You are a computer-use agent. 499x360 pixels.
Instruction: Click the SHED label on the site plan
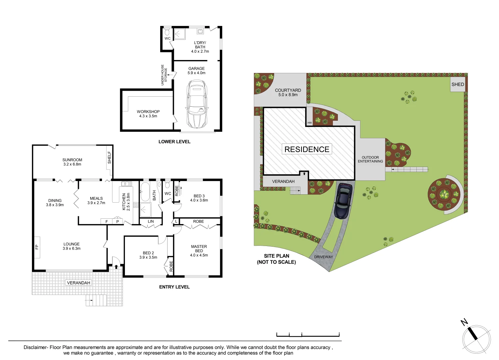coord(457,84)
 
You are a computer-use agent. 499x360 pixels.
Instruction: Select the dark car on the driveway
coord(343,201)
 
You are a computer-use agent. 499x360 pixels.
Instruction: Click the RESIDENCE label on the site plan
coord(307,149)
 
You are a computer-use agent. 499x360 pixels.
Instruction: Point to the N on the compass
coord(464,322)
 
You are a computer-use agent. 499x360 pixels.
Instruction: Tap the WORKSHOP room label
coord(148,114)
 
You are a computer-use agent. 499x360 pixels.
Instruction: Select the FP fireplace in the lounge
coord(37,247)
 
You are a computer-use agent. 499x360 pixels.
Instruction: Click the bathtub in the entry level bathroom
coord(145,191)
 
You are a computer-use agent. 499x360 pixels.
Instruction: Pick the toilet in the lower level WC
coord(167,32)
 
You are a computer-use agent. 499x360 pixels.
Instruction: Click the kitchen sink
coord(127,184)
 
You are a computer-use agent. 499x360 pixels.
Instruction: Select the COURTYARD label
coord(288,92)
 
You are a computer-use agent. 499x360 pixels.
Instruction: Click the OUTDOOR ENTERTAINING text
coord(370,159)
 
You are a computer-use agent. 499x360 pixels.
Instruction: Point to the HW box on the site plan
coord(309,123)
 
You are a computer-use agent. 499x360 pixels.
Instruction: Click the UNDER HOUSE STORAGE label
coord(164,75)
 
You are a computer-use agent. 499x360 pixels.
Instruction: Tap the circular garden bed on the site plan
coord(444,194)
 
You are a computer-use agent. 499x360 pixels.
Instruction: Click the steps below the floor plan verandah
coord(96,300)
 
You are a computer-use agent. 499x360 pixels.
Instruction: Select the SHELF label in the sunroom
coord(109,158)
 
